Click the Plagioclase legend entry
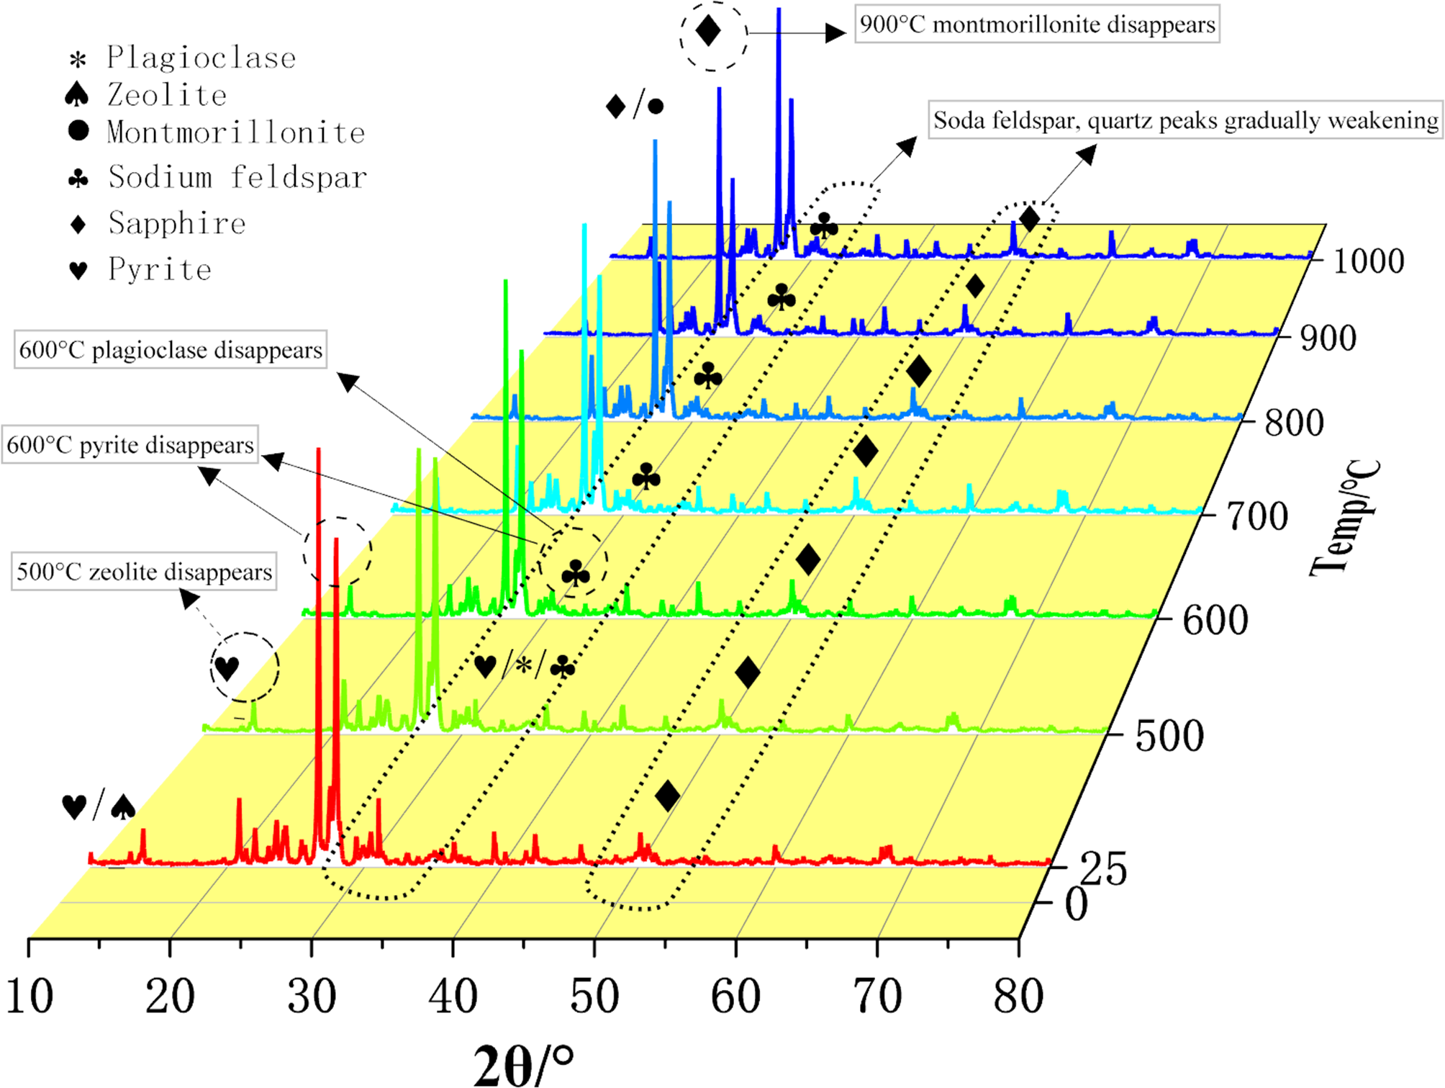coord(201,58)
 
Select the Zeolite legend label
coord(167,95)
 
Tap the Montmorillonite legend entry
coord(236,132)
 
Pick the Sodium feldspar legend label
coord(237,177)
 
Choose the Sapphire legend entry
coord(177,223)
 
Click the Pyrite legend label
coord(160,269)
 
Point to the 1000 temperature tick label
coord(1368,261)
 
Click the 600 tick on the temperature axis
coord(1215,619)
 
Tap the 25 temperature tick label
coord(1103,869)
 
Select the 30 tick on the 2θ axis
coord(312,997)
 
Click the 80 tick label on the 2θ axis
coord(1018,997)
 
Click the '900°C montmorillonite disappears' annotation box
coord(1037,24)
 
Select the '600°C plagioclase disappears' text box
coord(171,350)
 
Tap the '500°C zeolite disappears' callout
coord(144,572)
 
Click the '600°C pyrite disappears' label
coord(130,445)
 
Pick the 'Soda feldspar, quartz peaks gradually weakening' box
coord(1185,120)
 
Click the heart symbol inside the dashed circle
coord(227,667)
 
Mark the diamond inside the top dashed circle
coord(709,32)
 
